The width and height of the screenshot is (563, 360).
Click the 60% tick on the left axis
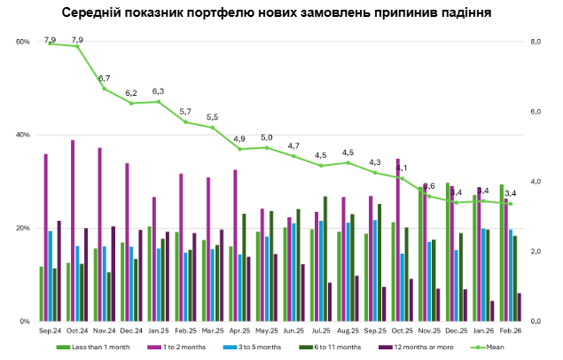23,42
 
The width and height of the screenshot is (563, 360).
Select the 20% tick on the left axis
23,228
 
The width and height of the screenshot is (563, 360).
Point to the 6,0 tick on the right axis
535,112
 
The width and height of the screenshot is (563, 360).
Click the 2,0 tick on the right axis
535,252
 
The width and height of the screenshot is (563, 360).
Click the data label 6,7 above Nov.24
105,79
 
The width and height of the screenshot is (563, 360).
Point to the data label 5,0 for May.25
267,137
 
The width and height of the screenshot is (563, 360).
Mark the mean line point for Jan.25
159,102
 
